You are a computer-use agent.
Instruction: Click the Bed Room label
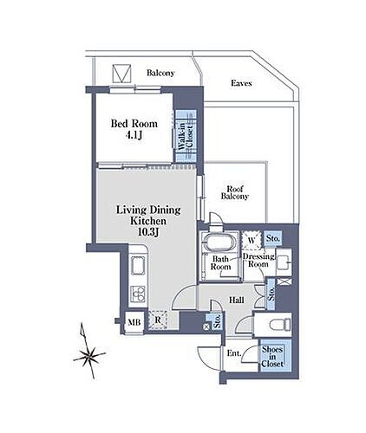[x=134, y=124]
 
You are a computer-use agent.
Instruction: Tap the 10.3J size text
[x=148, y=232]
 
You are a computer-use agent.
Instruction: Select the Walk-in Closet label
[x=186, y=136]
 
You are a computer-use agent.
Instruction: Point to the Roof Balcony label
[x=235, y=193]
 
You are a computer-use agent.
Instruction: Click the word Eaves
[x=241, y=83]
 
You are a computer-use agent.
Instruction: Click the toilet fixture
[x=280, y=324]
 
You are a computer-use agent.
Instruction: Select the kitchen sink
[x=138, y=266]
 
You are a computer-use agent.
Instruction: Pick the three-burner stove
[x=138, y=294]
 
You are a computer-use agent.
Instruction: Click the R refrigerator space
[x=158, y=320]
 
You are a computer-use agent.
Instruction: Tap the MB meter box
[x=134, y=322]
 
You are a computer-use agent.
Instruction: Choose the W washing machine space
[x=252, y=240]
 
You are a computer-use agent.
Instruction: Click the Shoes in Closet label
[x=272, y=357]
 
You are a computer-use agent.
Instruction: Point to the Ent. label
[x=234, y=353]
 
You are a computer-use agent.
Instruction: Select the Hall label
[x=237, y=301]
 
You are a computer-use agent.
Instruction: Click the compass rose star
[x=88, y=357]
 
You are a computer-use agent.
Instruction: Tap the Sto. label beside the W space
[x=273, y=239]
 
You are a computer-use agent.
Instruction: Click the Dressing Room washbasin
[x=284, y=262]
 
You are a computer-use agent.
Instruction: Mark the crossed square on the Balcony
[x=121, y=74]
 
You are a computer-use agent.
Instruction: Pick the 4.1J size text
[x=134, y=135]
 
